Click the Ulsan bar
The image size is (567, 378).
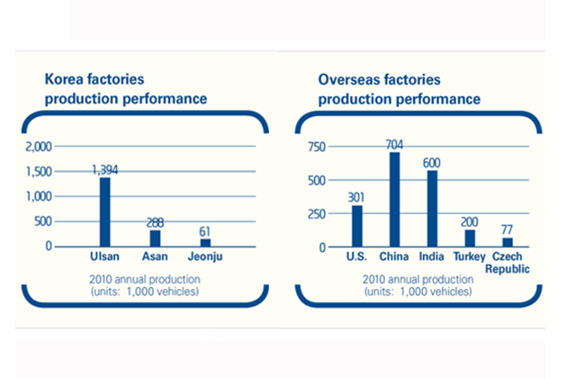tap(104, 211)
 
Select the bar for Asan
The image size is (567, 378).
tap(155, 238)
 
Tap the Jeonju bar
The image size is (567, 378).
tap(206, 242)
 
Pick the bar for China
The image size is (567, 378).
tap(394, 200)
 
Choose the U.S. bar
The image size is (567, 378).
tap(357, 226)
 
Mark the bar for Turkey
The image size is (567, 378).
tap(469, 238)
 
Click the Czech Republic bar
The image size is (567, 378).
tap(507, 242)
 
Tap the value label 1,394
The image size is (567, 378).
tap(105, 168)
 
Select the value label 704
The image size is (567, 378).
tap(394, 144)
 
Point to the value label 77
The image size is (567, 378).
tap(507, 229)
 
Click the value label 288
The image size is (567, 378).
tap(155, 221)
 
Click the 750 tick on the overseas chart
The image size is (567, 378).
tap(316, 147)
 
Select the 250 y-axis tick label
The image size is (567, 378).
tap(316, 213)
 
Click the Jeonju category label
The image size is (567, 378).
tap(205, 257)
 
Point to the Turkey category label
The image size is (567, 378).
tap(469, 257)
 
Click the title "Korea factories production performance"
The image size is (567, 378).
tap(126, 88)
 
